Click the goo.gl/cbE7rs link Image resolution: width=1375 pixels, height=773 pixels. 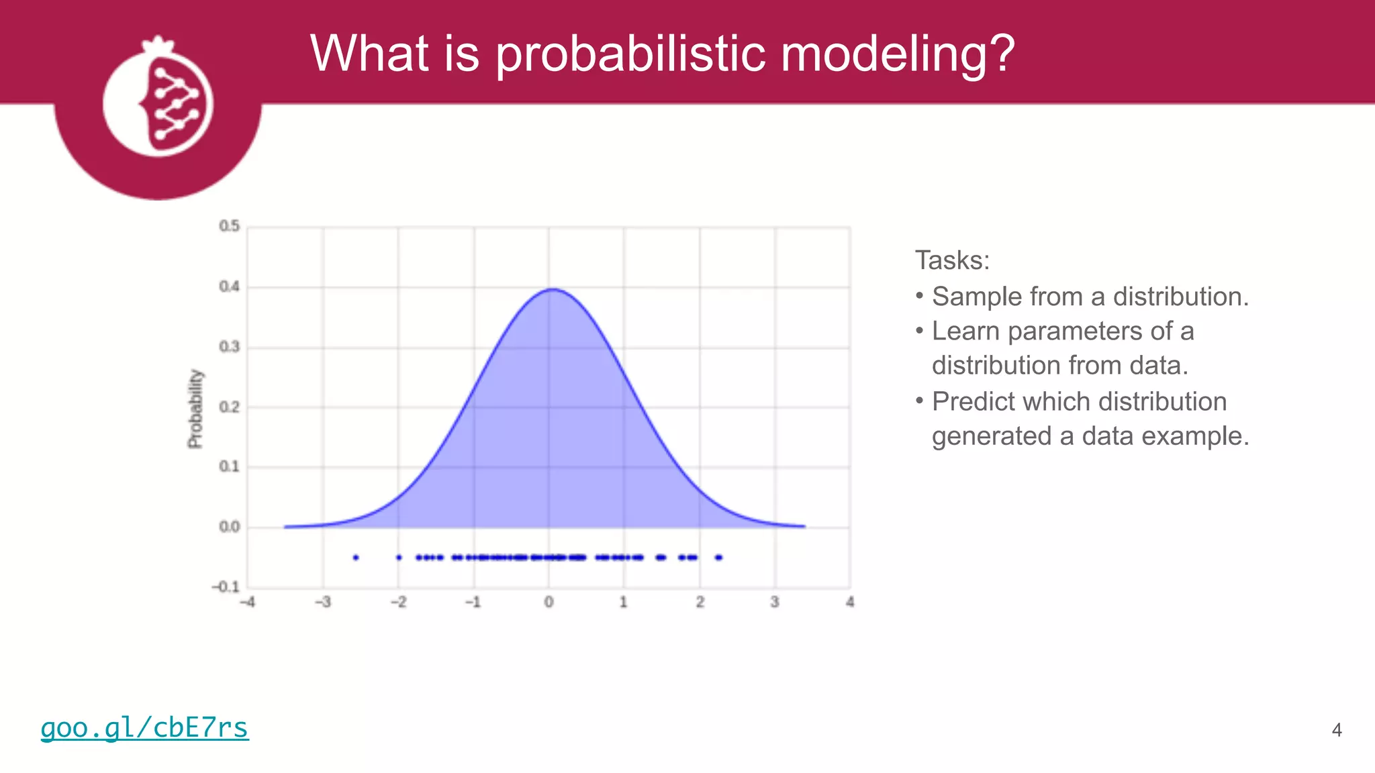144,728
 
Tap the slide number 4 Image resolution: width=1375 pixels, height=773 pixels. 1336,730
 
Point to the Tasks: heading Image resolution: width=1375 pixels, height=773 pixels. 952,260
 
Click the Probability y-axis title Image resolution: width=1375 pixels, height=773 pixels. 195,408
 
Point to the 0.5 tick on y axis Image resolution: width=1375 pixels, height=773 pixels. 229,226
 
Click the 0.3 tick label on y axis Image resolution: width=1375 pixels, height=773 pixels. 229,347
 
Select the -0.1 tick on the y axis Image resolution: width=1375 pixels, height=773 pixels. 226,587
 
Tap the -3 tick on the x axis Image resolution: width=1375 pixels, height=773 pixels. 323,602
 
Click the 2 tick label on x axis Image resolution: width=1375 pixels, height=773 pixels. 700,602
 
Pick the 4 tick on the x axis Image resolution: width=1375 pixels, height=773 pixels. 850,602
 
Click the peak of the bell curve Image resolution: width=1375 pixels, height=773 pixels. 551,289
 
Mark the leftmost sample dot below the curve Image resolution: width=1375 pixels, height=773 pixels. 356,558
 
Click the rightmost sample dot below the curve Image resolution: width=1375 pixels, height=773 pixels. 719,558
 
